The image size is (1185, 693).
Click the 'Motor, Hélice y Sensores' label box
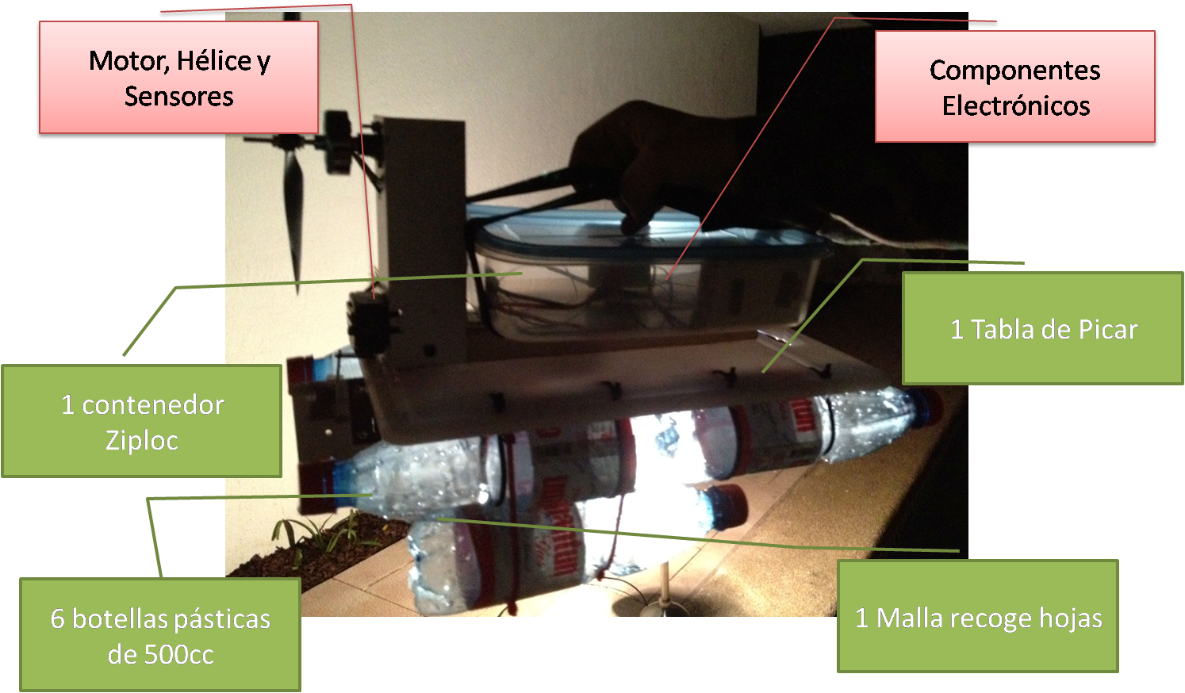(178, 77)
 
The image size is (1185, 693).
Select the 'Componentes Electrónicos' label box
(1014, 86)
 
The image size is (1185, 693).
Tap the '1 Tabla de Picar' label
(1043, 328)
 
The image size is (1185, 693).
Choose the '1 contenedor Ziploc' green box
(142, 421)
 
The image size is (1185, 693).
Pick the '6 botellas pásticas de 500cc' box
(160, 634)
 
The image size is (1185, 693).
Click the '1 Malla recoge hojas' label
(978, 616)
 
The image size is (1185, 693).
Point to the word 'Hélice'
(214, 61)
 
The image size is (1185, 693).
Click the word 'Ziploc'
(142, 441)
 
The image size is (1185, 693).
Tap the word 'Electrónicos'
(1016, 105)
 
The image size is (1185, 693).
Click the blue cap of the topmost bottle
(926, 408)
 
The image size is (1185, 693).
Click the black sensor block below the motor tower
(371, 323)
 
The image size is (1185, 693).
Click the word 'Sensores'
(178, 96)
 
